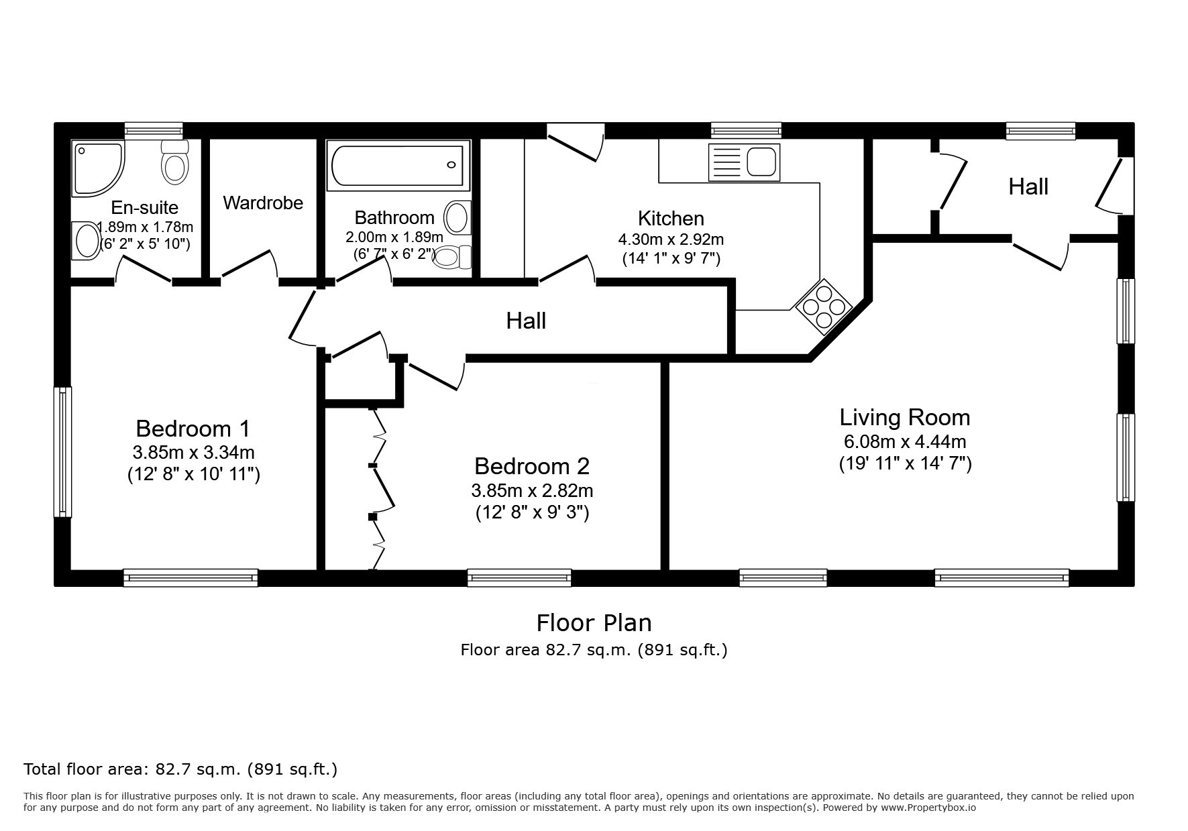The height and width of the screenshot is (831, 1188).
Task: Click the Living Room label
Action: [x=905, y=417]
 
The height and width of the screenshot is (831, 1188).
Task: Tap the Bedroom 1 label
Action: [x=193, y=428]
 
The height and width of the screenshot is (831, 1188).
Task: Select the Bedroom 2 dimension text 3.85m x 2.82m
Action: [x=532, y=491]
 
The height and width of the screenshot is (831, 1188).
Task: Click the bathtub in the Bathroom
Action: [x=398, y=165]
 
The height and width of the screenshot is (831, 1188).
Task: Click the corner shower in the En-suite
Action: [x=97, y=168]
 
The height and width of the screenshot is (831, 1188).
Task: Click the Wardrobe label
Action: [x=263, y=203]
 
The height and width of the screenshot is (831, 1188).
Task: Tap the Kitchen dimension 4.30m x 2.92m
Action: [x=671, y=239]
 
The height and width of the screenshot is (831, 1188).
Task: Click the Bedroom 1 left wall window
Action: [x=63, y=451]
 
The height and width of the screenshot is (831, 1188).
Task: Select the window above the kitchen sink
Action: [x=746, y=130]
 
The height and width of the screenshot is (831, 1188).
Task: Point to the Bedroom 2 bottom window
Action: [x=519, y=577]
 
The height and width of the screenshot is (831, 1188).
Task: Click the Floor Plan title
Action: [x=594, y=623]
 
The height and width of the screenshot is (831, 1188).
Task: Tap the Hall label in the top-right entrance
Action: [x=1028, y=186]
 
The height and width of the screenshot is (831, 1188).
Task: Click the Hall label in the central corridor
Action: [x=526, y=321]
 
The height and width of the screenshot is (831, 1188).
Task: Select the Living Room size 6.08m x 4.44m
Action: [x=905, y=441]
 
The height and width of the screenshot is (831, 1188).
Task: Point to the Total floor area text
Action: [x=180, y=769]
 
